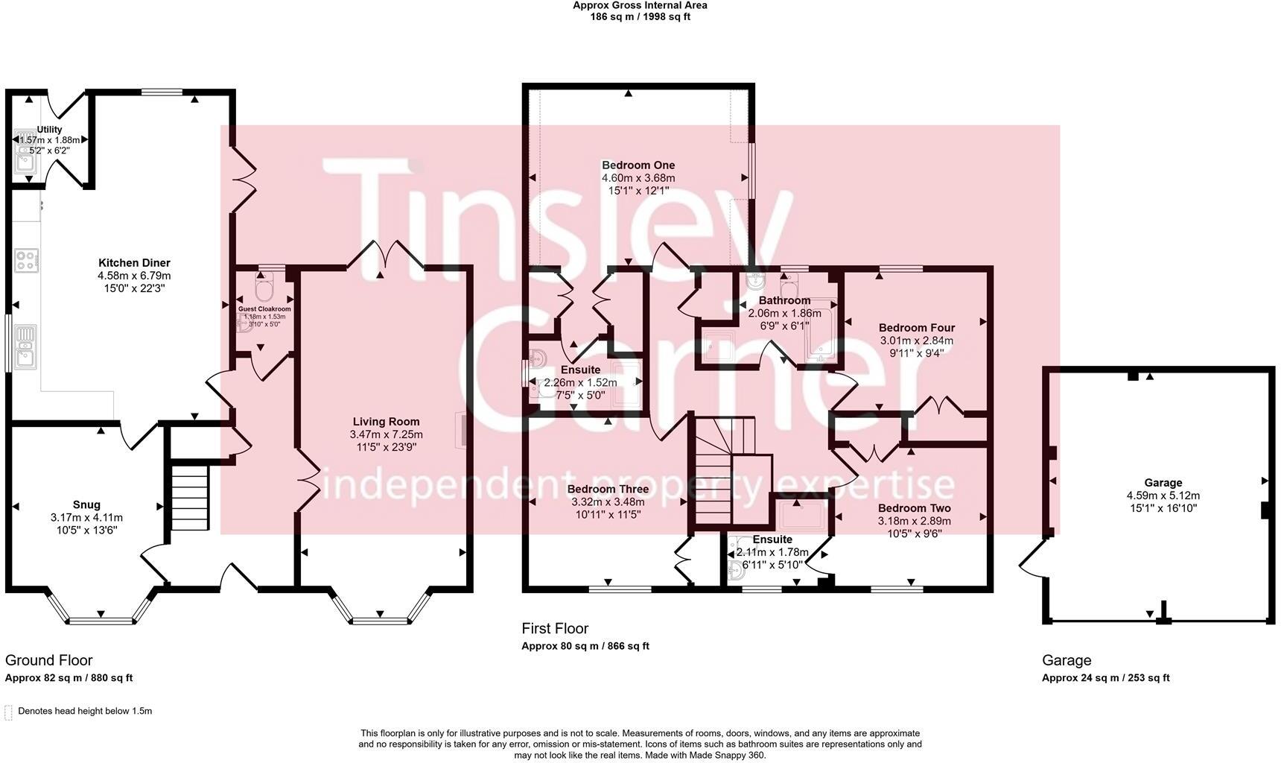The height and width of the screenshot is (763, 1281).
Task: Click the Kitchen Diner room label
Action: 134,263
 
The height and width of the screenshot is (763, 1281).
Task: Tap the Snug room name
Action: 86,505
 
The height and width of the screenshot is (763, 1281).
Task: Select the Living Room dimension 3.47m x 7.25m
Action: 386,434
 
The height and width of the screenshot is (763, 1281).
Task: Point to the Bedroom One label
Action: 638,165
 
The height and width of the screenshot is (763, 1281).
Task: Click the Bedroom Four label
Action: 916,328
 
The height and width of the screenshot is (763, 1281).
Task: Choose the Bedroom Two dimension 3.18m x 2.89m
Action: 914,521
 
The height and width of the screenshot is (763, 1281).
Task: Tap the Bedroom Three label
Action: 608,490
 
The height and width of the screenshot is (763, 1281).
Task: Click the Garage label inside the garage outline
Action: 1163,483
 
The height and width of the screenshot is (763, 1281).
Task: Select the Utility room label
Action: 49,130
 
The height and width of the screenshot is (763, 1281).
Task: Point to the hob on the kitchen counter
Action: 27,261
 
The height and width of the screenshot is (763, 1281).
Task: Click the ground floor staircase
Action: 189,497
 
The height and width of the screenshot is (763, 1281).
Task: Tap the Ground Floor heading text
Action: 49,660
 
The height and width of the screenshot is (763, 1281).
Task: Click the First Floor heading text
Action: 555,629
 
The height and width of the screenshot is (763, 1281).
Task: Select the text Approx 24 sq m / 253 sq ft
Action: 1105,678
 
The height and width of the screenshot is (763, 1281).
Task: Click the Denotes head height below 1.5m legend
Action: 84,711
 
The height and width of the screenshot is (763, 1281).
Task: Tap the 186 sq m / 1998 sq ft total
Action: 640,16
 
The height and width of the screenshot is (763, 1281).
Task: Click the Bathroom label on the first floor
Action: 784,301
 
